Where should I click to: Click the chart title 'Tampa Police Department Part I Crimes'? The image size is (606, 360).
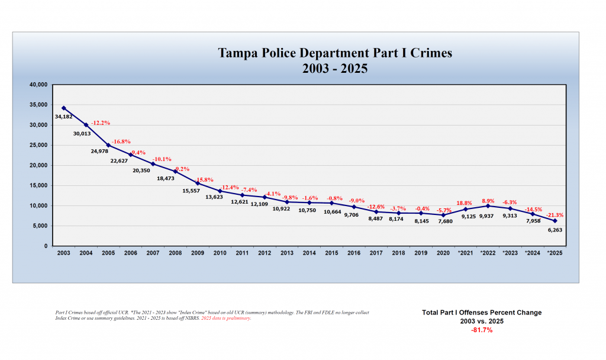[x=335, y=53]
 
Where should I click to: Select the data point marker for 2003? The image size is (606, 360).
[x=63, y=108]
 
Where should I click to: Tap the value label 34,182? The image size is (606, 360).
[x=64, y=117]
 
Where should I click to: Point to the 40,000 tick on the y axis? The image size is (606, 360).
[x=38, y=85]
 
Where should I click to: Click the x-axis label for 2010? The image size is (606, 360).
[x=220, y=253]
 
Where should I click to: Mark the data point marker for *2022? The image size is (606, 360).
[x=488, y=205]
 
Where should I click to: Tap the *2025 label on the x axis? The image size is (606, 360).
[x=554, y=253]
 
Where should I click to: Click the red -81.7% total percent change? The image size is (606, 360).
[x=482, y=330]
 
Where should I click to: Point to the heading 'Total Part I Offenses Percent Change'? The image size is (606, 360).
[x=482, y=312]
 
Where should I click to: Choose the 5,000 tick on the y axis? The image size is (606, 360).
[x=40, y=226]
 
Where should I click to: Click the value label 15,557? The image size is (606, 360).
[x=190, y=191]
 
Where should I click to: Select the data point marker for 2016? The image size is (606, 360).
[x=354, y=207]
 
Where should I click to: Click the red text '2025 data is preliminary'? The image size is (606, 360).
[x=226, y=318]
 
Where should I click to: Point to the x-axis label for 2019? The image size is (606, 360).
[x=421, y=253]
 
